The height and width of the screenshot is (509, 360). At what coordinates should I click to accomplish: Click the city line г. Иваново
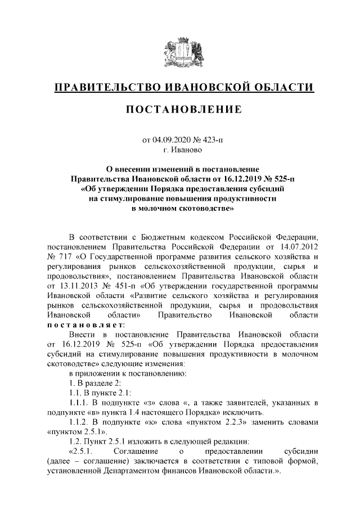coord(180,150)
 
